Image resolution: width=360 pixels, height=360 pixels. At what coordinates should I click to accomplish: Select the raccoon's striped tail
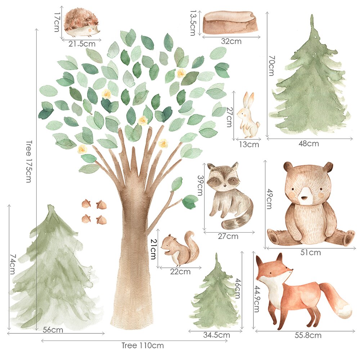point(239,218)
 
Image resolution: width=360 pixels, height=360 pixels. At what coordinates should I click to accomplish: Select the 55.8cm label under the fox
point(308,336)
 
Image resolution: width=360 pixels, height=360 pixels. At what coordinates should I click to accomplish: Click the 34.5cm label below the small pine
point(216,335)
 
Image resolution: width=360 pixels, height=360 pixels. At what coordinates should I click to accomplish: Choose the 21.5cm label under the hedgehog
point(82,44)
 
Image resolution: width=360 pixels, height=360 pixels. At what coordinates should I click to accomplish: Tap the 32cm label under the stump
point(231,41)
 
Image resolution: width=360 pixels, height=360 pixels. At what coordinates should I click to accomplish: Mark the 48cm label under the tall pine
point(309,144)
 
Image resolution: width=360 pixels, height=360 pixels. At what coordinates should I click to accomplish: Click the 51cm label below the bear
point(310,253)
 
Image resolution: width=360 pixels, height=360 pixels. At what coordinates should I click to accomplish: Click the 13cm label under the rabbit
point(249,145)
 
